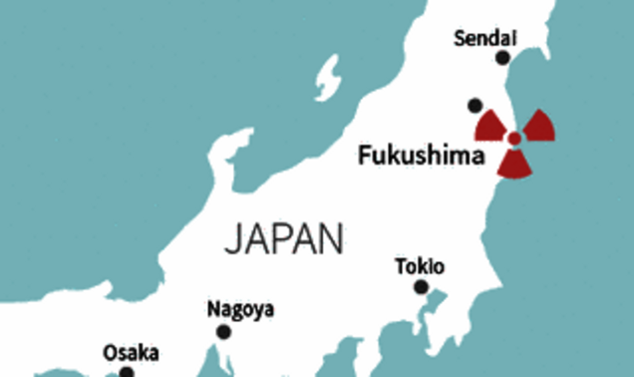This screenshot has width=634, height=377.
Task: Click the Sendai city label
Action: [484, 39]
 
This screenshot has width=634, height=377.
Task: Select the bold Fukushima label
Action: [421, 156]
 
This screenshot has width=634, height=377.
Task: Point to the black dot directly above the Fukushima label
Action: [475, 104]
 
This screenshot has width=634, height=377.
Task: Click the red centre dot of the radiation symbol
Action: [513, 139]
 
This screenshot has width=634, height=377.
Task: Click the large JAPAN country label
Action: [284, 239]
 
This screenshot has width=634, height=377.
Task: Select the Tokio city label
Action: [420, 266]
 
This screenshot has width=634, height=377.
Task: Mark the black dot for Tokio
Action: [421, 287]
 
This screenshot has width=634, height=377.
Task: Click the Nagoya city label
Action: [240, 308]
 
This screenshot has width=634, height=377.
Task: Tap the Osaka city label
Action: [130, 352]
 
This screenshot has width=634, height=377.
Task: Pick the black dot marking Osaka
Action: [127, 373]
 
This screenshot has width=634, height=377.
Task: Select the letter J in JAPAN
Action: [232, 240]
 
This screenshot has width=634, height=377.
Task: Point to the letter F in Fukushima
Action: [363, 156]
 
